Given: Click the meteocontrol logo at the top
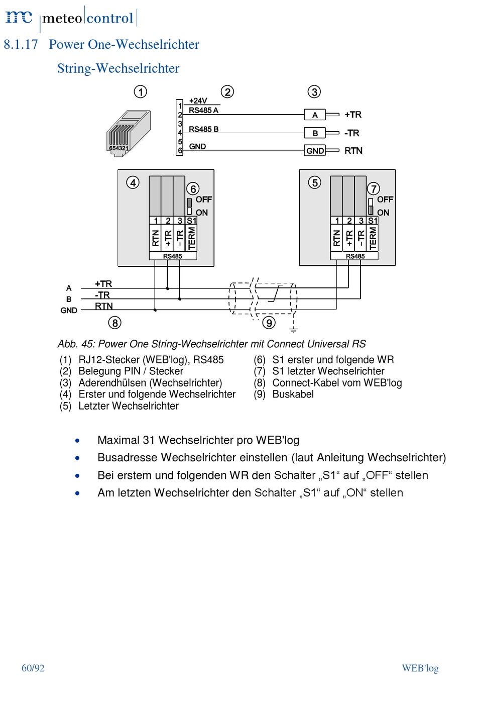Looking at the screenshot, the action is pyautogui.click(x=71, y=19).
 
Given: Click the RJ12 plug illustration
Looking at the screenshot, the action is pyautogui.click(x=129, y=133).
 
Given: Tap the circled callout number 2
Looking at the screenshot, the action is pyautogui.click(x=227, y=92).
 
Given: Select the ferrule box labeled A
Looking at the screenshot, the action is pyautogui.click(x=315, y=115).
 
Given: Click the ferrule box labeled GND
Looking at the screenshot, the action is pyautogui.click(x=315, y=151).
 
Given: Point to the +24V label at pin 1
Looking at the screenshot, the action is pyautogui.click(x=198, y=101).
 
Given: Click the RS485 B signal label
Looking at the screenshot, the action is pyautogui.click(x=203, y=129).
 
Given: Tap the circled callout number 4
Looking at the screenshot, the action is pyautogui.click(x=133, y=182).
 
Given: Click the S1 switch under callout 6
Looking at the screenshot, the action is pyautogui.click(x=190, y=206).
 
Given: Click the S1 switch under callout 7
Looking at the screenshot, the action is pyautogui.click(x=371, y=206).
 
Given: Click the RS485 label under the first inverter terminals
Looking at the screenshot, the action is pyautogui.click(x=172, y=256).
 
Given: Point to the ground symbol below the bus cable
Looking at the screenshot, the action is pyautogui.click(x=294, y=330).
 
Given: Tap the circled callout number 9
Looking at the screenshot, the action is pyautogui.click(x=269, y=323).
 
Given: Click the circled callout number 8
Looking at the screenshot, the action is pyautogui.click(x=114, y=323).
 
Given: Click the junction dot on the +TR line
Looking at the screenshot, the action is pyautogui.click(x=167, y=288).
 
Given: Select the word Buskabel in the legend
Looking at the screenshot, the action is pyautogui.click(x=293, y=394).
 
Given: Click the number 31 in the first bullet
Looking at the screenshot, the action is pyautogui.click(x=149, y=440).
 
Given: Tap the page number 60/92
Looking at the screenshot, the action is pyautogui.click(x=33, y=668).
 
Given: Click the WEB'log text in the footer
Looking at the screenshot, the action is pyautogui.click(x=420, y=668).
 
